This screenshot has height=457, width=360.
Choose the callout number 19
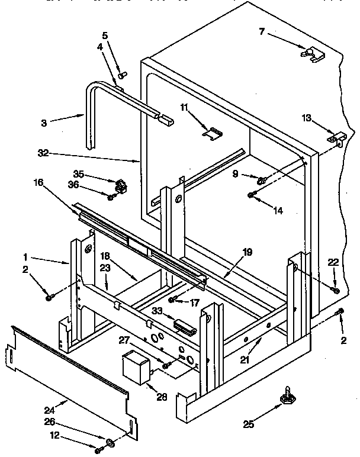click(x=247, y=253)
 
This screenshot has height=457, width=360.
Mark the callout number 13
click(x=306, y=118)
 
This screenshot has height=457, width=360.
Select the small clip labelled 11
click(x=210, y=133)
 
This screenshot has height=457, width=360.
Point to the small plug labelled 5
click(x=123, y=75)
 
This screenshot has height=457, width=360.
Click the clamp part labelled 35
click(x=121, y=185)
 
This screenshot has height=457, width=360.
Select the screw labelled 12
click(x=98, y=449)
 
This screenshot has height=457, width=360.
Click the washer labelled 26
click(x=111, y=443)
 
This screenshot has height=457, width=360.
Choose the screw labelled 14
click(x=252, y=195)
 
